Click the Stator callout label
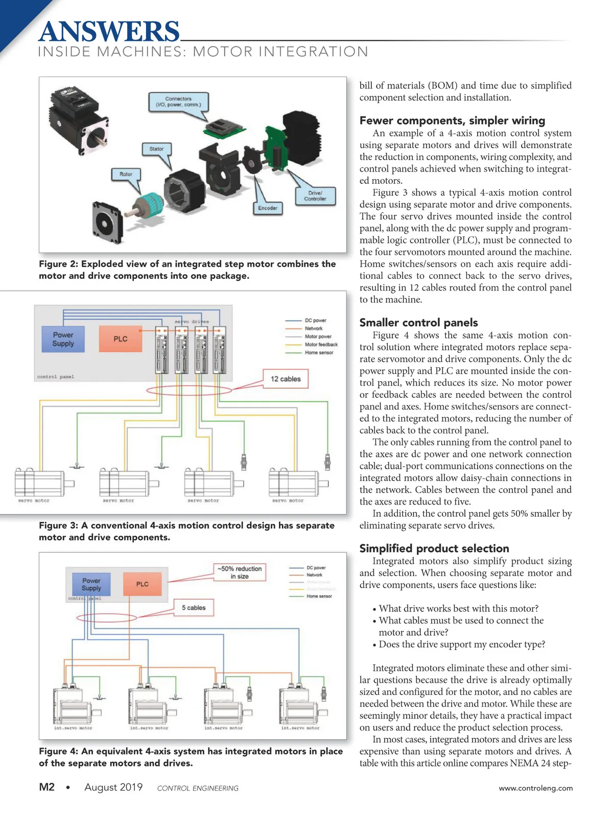156,149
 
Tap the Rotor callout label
126,174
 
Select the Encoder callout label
268,208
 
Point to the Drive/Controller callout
315,196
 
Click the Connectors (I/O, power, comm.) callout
178,102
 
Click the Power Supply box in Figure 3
63,340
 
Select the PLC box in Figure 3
121,339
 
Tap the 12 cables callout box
286,379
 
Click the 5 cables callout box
194,608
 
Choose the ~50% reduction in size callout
240,572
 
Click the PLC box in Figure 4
143,584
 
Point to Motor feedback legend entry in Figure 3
321,345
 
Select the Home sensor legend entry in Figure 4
319,596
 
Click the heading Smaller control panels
418,323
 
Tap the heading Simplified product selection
434,548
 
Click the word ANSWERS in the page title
109,32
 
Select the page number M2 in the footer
46,787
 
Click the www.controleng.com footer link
536,788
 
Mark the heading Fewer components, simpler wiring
452,121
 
